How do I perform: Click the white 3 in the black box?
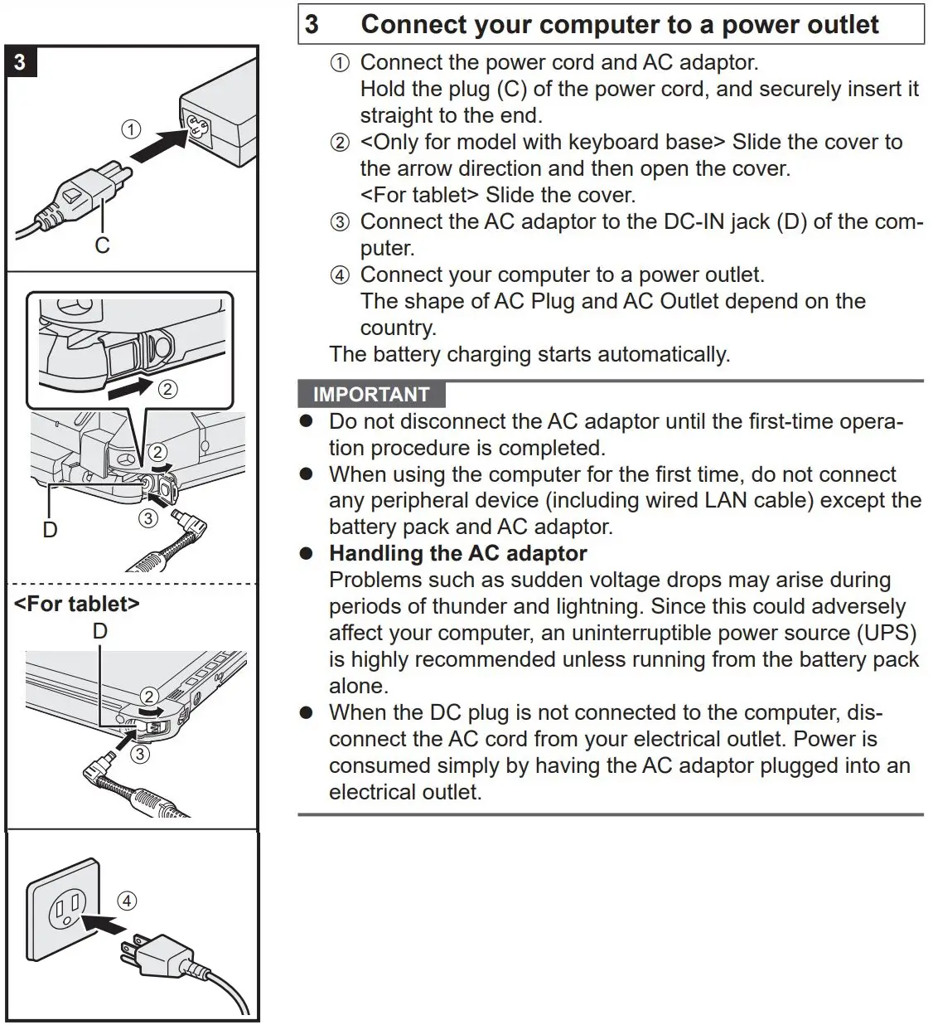point(20,62)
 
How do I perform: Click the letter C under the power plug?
point(102,245)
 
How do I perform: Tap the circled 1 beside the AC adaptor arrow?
point(131,129)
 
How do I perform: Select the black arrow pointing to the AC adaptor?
point(157,143)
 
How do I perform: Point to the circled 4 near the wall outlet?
point(126,901)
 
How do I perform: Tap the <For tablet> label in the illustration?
point(76,604)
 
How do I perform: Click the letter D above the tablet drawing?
point(99,631)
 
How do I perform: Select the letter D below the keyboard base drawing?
point(50,529)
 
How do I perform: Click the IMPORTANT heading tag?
point(371,394)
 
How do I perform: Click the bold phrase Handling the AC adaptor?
point(457,553)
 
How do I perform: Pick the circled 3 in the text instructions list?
point(340,222)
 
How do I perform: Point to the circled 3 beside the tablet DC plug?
point(141,754)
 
